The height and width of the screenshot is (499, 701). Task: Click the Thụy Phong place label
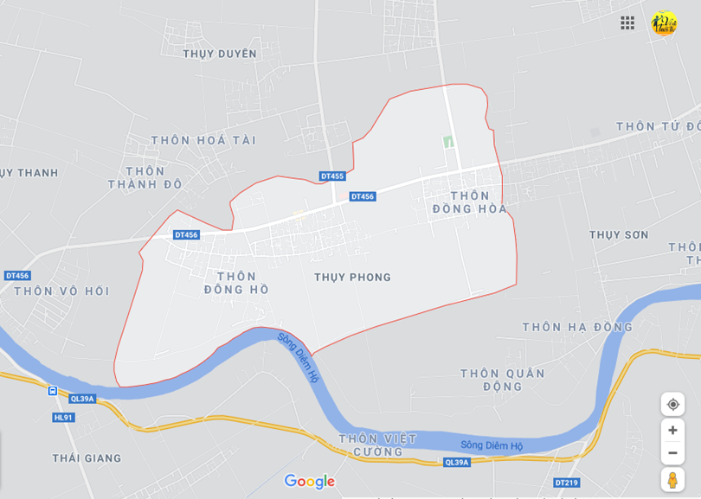(x=352, y=278)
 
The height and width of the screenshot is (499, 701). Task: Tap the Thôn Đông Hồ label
(x=236, y=283)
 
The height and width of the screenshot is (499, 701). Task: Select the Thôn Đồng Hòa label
(x=469, y=202)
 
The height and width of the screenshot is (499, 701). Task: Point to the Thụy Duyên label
(x=220, y=54)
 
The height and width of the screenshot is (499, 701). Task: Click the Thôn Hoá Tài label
(x=203, y=140)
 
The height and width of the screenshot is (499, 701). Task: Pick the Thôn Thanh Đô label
(x=145, y=178)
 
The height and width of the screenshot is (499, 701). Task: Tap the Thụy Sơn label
(x=619, y=235)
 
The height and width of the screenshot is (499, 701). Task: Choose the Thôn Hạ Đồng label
(x=577, y=327)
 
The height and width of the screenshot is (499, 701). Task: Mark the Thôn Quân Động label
(x=503, y=380)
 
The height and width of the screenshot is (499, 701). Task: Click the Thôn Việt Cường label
(x=377, y=445)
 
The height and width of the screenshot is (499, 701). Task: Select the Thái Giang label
(x=87, y=458)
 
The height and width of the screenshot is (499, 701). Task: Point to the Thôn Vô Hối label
(x=61, y=291)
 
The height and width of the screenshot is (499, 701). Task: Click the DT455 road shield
(x=332, y=176)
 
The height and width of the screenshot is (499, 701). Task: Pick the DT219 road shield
(x=567, y=483)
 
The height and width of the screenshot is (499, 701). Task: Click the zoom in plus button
(x=672, y=431)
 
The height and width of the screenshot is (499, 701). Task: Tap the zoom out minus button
(x=672, y=453)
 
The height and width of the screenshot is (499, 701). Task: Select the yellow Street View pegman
(x=672, y=480)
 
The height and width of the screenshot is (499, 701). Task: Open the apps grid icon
(x=627, y=23)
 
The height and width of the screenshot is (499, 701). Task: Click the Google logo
(x=309, y=482)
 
